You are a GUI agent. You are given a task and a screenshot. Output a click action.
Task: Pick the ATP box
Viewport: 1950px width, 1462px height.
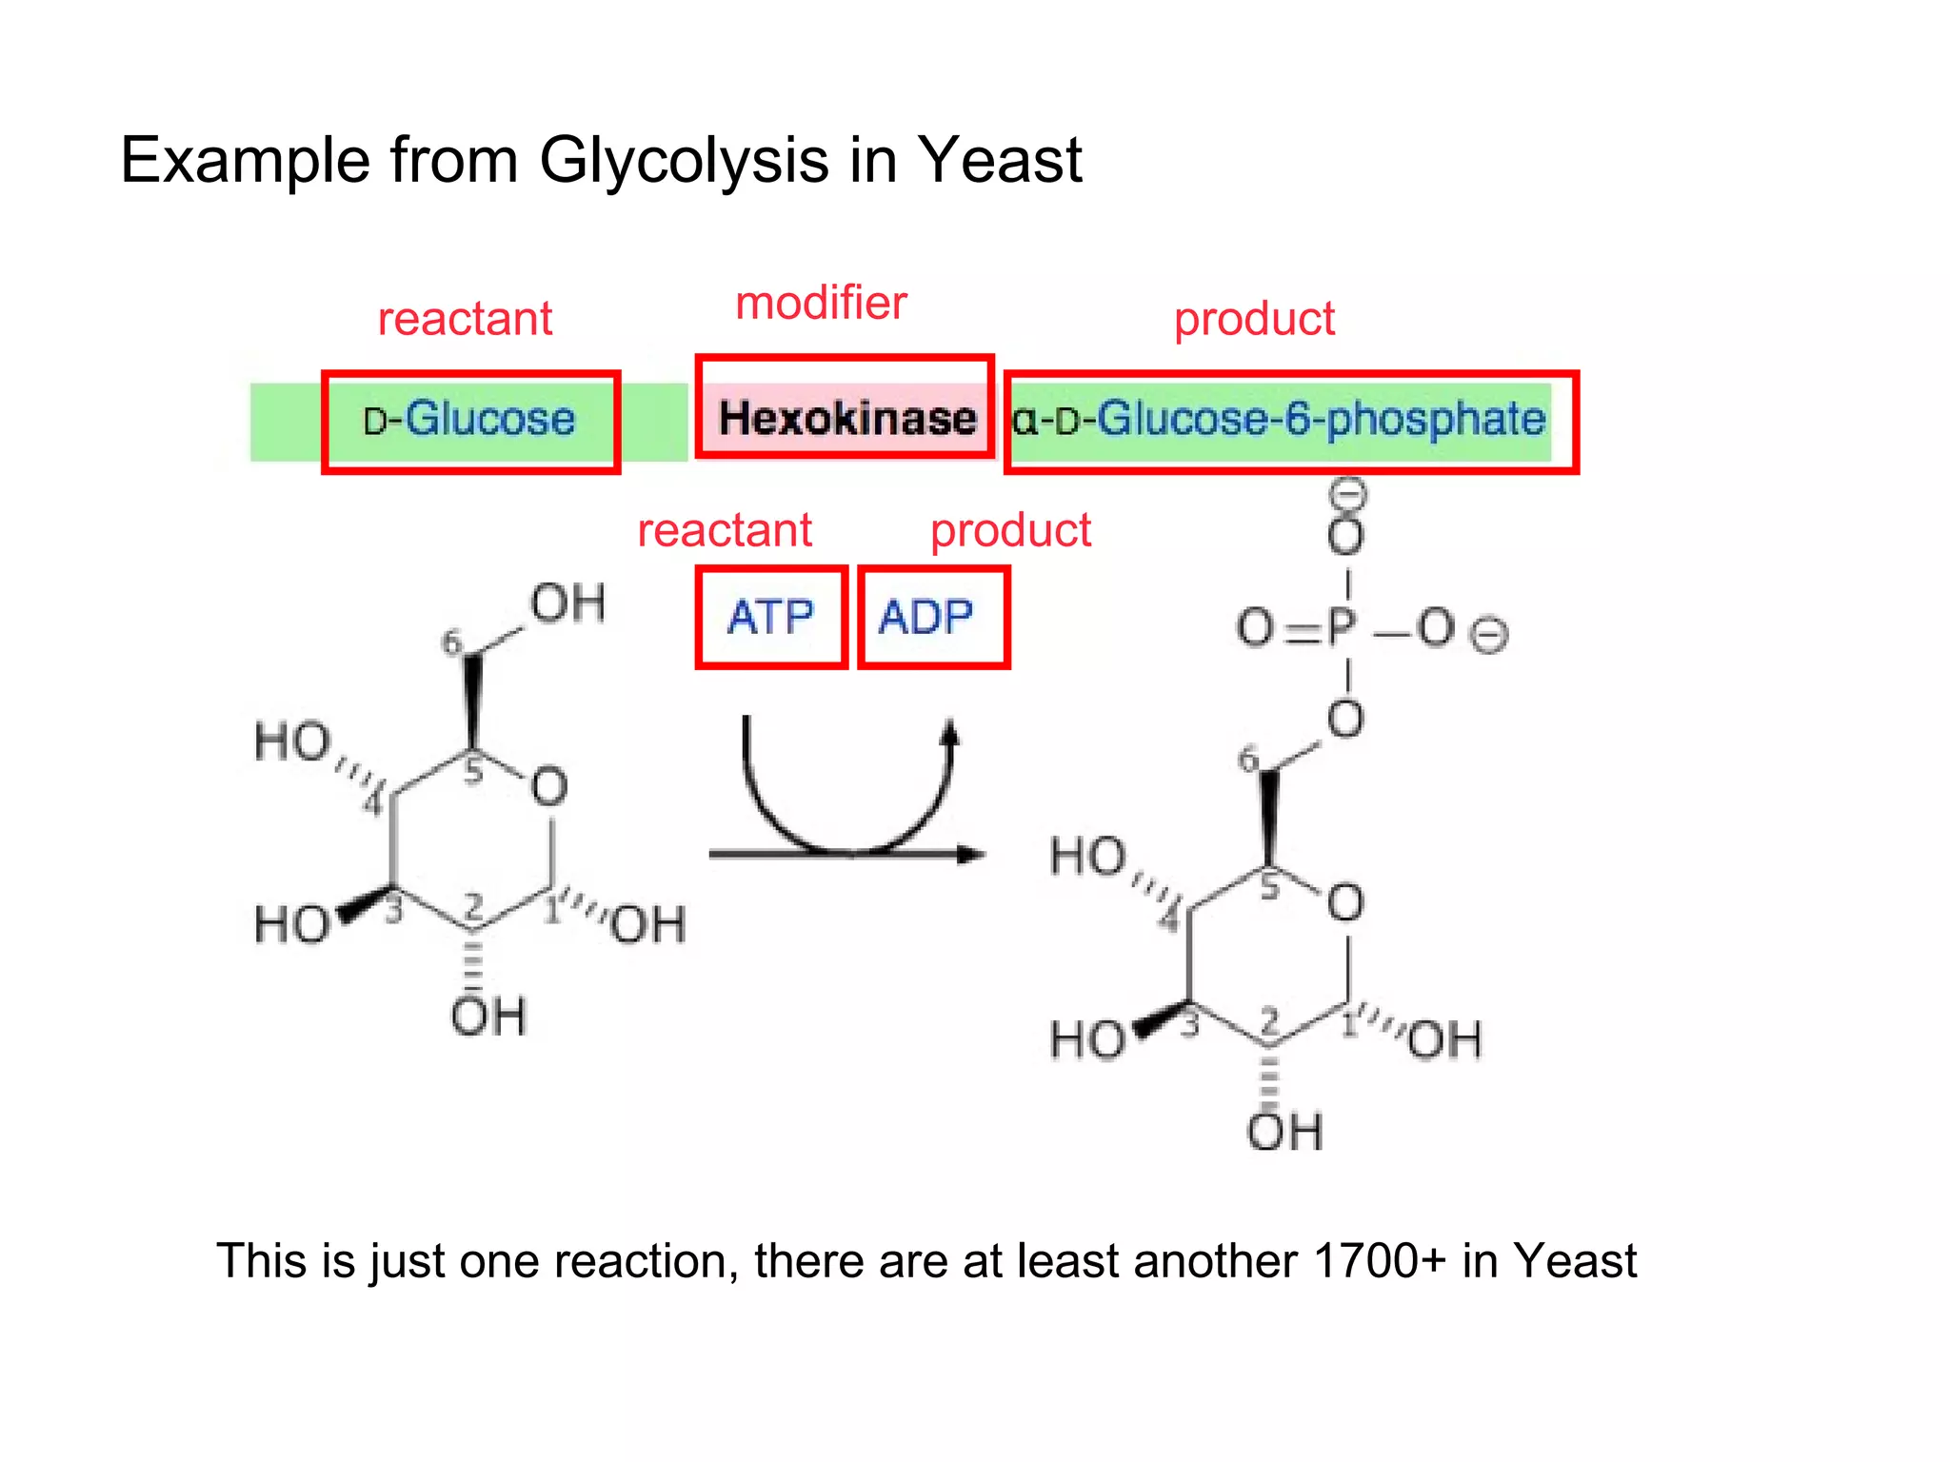tap(770, 617)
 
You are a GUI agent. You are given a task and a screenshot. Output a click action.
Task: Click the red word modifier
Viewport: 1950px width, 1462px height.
tap(821, 303)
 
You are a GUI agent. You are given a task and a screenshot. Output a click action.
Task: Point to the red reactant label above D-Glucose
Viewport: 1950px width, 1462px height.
tap(465, 318)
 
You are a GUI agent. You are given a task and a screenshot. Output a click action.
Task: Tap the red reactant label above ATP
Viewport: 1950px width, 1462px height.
tap(724, 529)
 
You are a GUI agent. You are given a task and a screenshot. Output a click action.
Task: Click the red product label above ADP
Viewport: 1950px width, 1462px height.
tap(1009, 529)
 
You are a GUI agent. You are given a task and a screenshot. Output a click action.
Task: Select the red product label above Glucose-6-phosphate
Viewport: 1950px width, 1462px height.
tap(1253, 318)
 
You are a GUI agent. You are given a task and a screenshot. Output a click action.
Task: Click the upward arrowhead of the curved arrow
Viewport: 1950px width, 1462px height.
tap(949, 733)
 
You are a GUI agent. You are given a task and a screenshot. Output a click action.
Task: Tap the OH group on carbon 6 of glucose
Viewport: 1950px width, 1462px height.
tap(567, 603)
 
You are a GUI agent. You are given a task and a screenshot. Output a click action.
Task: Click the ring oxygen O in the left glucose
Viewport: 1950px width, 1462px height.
tap(549, 787)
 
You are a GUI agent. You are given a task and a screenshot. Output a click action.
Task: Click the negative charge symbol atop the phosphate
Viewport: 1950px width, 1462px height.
tap(1347, 493)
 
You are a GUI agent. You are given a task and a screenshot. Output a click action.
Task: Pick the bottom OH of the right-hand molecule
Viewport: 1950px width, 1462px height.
tap(1284, 1131)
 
